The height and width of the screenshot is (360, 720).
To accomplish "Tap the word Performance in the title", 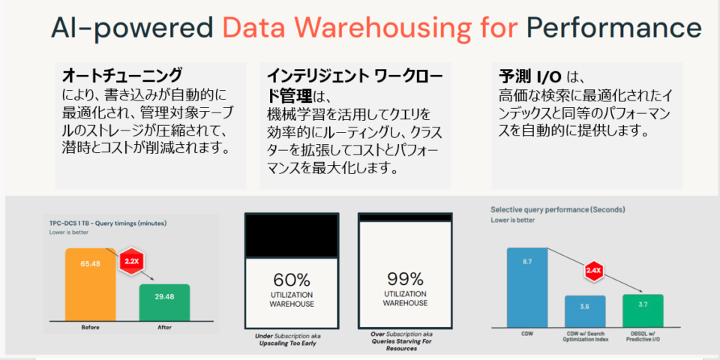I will pyautogui.click(x=613, y=29).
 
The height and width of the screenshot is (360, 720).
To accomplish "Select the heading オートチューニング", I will pyautogui.click(x=121, y=75).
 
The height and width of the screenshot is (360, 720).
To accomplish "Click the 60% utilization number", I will pyautogui.click(x=291, y=280).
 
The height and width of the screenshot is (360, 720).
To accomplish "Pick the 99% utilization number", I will pyautogui.click(x=405, y=280).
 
